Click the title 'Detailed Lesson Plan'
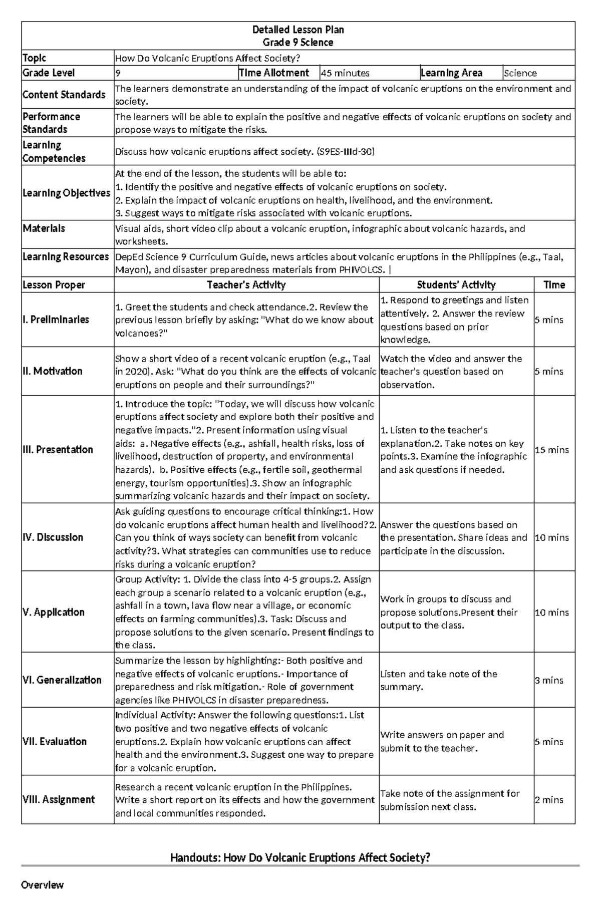[298, 30]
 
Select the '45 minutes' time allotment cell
[345, 73]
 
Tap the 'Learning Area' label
[451, 73]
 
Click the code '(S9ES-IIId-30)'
[346, 152]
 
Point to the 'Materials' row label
[44, 228]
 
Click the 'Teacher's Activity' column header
[246, 285]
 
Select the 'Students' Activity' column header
[456, 285]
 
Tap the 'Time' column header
[554, 285]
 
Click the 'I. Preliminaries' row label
[56, 320]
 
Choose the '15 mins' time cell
[552, 450]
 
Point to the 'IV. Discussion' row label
[53, 537]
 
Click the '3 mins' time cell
[549, 680]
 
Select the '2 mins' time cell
[549, 800]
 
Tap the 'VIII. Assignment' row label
[59, 800]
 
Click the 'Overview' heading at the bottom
[42, 885]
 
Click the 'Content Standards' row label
[64, 95]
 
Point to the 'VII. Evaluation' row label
[55, 742]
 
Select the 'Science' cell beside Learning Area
[520, 73]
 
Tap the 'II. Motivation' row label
[52, 371]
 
